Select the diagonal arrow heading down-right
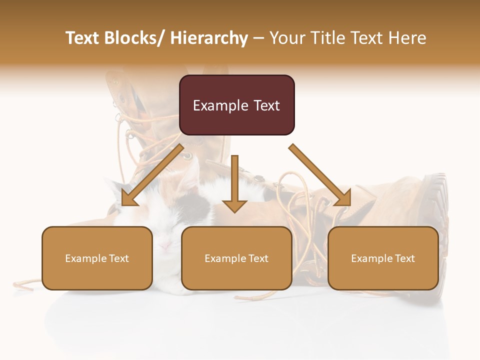[x=320, y=175]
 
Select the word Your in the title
[x=287, y=38]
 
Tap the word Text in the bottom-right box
[x=404, y=258]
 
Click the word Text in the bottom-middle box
[x=257, y=258]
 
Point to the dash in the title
[x=258, y=38]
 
